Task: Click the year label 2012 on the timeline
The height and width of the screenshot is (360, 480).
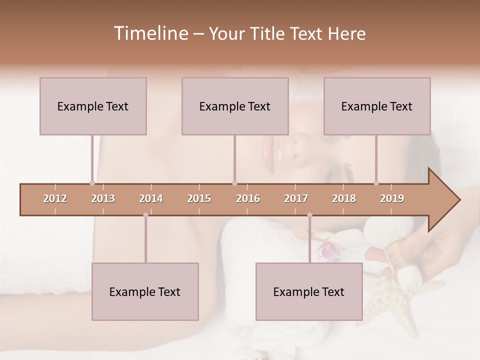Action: point(55,198)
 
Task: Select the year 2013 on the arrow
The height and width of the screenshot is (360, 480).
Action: point(103,198)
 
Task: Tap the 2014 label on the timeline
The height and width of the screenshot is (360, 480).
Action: point(151,198)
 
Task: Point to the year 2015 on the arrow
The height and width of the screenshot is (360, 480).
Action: point(199,198)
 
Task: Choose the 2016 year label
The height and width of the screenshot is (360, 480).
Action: point(248,198)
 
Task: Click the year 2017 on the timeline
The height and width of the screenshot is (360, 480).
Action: point(296,198)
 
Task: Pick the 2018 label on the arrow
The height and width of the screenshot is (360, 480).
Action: point(344,198)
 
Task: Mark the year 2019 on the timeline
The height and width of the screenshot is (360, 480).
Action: point(392,198)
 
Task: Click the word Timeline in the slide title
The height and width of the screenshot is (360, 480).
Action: point(150,33)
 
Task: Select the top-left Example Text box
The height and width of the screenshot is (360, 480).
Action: point(93,106)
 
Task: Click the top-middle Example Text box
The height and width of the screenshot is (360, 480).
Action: point(235,106)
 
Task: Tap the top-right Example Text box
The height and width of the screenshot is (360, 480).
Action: point(377,106)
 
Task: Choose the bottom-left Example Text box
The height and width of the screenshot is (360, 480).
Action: point(145,291)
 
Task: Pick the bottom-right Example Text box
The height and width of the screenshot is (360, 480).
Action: point(309,291)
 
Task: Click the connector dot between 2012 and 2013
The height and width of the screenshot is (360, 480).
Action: point(92,183)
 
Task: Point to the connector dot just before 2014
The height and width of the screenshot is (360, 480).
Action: point(145,215)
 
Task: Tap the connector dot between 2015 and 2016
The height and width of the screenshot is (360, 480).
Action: point(234,183)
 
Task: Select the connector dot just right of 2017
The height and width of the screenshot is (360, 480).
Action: point(309,215)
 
